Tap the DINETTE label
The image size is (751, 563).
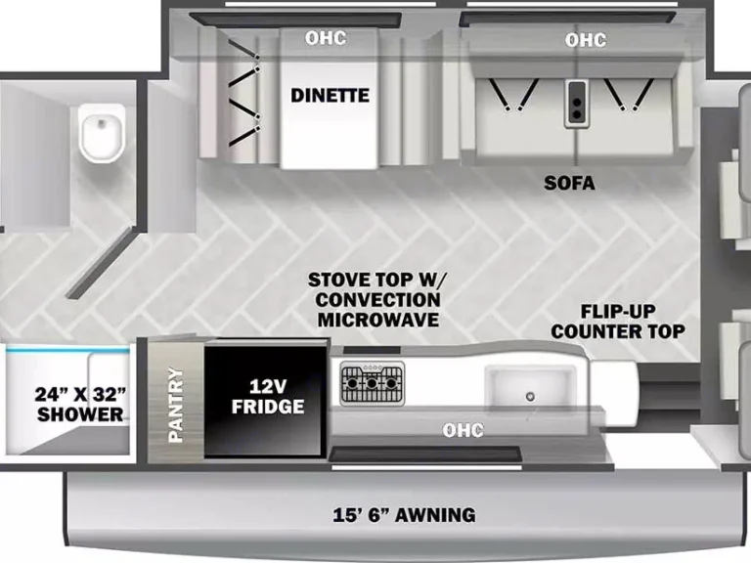pos(330,95)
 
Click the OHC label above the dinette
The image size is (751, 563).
pos(326,39)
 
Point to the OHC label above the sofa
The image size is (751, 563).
pos(585,40)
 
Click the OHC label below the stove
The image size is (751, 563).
pos(463,429)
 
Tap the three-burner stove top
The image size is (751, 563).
pos(372,382)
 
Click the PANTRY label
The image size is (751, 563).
pos(176,404)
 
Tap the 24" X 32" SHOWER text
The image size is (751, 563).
pos(81,404)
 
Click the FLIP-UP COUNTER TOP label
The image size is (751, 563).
pos(618,322)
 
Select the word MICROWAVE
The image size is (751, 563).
pos(375,320)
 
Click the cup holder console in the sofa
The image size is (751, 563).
pos(577,102)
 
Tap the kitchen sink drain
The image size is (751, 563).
pos(530,395)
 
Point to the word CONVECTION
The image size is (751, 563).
pos(375,299)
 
